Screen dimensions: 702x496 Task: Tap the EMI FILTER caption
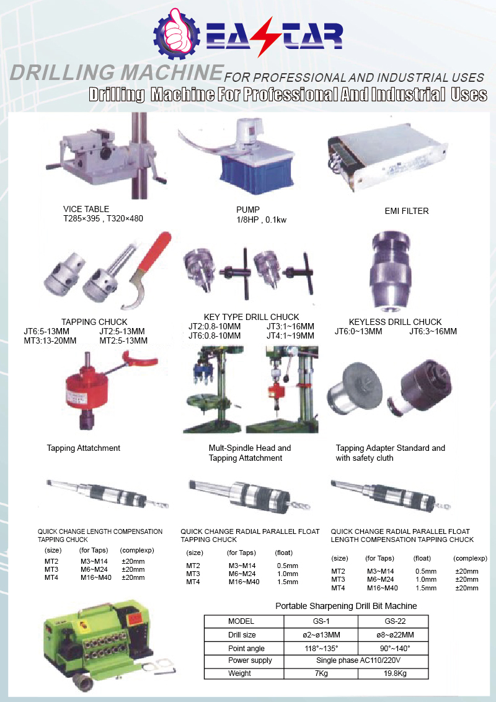click(406, 211)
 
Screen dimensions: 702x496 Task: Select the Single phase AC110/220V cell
click(358, 660)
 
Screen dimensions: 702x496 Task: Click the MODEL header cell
click(241, 621)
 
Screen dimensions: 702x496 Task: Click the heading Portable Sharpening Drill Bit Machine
click(346, 605)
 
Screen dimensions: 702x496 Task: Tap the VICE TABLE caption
click(86, 209)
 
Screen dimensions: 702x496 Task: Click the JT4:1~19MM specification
click(290, 335)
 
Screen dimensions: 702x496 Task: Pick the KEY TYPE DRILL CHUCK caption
click(251, 317)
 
